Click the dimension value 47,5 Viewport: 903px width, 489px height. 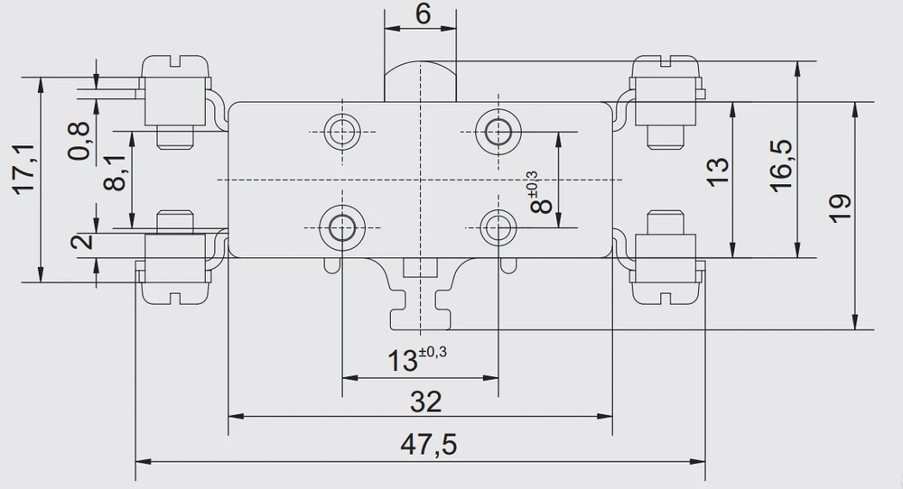428,445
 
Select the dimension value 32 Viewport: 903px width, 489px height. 425,401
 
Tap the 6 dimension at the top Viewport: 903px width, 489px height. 424,14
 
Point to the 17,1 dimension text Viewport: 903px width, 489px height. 26,171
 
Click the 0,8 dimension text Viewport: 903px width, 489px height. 80,141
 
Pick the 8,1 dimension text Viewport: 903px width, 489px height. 116,172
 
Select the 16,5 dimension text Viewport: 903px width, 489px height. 781,166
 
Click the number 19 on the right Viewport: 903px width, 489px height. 841,208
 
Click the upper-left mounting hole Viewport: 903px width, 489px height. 342,131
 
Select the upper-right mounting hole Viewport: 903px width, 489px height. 498,132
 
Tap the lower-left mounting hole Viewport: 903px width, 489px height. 342,227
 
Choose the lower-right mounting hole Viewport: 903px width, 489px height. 498,227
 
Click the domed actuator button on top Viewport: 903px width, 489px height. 421,80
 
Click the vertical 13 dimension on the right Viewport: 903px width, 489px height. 718,171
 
